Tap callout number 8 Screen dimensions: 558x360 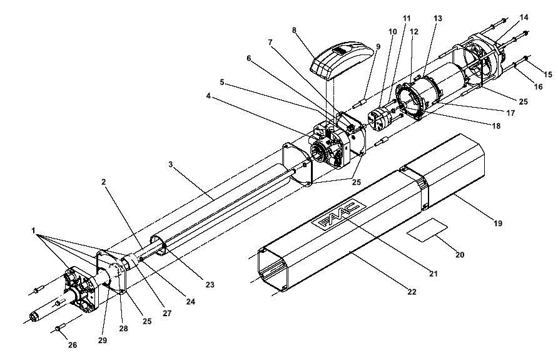coord(294,30)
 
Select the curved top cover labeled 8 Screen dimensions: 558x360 coord(342,60)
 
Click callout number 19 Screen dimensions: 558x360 coord(498,224)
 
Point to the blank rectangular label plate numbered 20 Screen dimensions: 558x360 coord(427,230)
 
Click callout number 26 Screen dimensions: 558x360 coord(72,345)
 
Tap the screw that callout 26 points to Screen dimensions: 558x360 coord(60,326)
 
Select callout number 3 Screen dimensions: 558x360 coord(171,164)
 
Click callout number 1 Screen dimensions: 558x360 coord(33,231)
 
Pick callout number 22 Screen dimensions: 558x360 coord(412,292)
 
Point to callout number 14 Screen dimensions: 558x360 coord(524,17)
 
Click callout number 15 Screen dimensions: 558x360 coord(548,74)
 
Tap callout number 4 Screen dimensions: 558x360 coord(208,96)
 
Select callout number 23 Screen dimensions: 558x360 coord(210,284)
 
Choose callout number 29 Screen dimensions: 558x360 coord(103,340)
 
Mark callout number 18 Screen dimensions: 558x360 coord(495,126)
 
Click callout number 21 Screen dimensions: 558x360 coord(434,274)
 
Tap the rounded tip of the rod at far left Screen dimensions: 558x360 coord(33,316)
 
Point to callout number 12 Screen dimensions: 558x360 coord(414,31)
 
